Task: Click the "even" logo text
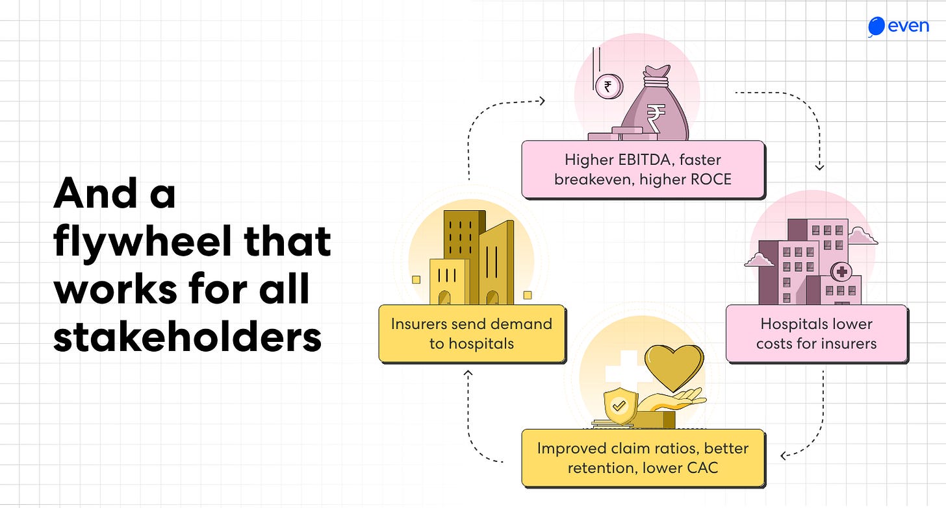point(908,27)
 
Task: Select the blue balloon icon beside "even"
point(876,27)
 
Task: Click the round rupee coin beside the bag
point(608,86)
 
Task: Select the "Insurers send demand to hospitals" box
point(472,333)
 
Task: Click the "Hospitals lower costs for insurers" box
point(816,333)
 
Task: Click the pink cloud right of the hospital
point(863,237)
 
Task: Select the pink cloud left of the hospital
point(759,260)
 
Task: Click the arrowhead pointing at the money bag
point(541,101)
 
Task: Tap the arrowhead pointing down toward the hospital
point(819,167)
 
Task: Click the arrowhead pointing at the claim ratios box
point(785,455)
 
